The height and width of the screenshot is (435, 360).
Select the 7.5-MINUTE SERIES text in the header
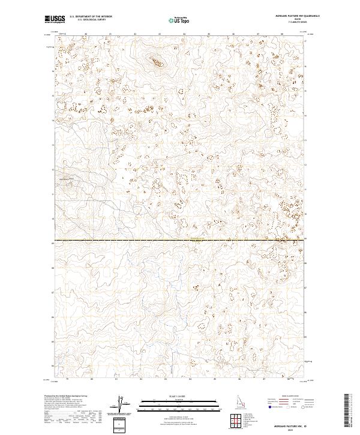[x=290, y=23]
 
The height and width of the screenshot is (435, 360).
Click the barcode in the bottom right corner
[x=347, y=410]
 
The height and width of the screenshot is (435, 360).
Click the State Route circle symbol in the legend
[x=302, y=406]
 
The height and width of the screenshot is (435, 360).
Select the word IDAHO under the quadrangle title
[x=290, y=20]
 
